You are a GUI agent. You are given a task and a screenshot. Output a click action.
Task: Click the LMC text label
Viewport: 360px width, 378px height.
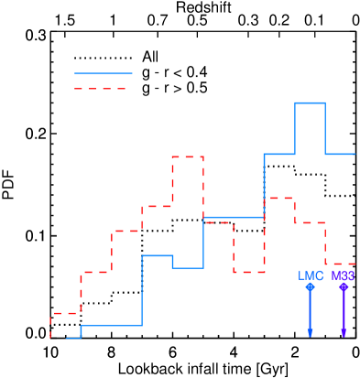click(311, 275)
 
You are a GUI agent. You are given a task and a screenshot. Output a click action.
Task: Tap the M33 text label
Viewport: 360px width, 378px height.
click(344, 275)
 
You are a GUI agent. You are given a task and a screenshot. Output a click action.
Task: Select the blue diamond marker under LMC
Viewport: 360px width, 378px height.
click(311, 286)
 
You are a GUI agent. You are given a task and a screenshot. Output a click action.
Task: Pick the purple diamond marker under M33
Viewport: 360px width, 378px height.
click(344, 286)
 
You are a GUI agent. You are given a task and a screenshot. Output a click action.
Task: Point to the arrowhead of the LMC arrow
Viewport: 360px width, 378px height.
click(311, 332)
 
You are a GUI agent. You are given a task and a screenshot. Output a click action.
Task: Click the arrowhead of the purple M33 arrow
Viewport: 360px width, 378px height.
click(344, 332)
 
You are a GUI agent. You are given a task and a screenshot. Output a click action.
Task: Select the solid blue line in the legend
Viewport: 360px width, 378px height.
click(103, 73)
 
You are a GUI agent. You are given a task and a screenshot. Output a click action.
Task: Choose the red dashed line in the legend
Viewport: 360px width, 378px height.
click(100, 89)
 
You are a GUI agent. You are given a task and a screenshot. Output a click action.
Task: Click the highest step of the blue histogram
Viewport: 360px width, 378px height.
click(310, 103)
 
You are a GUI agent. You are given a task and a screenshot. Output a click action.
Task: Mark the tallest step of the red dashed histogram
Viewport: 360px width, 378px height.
click(188, 157)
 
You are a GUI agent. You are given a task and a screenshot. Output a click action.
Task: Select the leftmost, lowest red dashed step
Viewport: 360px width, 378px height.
click(65, 314)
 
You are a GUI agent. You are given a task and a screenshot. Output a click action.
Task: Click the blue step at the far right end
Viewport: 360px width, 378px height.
click(340, 154)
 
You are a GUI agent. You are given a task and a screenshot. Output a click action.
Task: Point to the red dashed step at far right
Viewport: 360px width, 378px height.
click(341, 265)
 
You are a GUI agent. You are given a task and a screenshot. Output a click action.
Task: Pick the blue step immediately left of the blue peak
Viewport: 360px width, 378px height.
click(279, 154)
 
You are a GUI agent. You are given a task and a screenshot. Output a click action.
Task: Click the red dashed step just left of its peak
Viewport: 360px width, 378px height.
click(157, 207)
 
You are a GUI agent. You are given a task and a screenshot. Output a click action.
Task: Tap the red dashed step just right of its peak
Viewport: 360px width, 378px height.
click(218, 222)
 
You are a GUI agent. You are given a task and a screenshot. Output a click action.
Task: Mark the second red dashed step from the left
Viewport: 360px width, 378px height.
click(96, 273)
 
